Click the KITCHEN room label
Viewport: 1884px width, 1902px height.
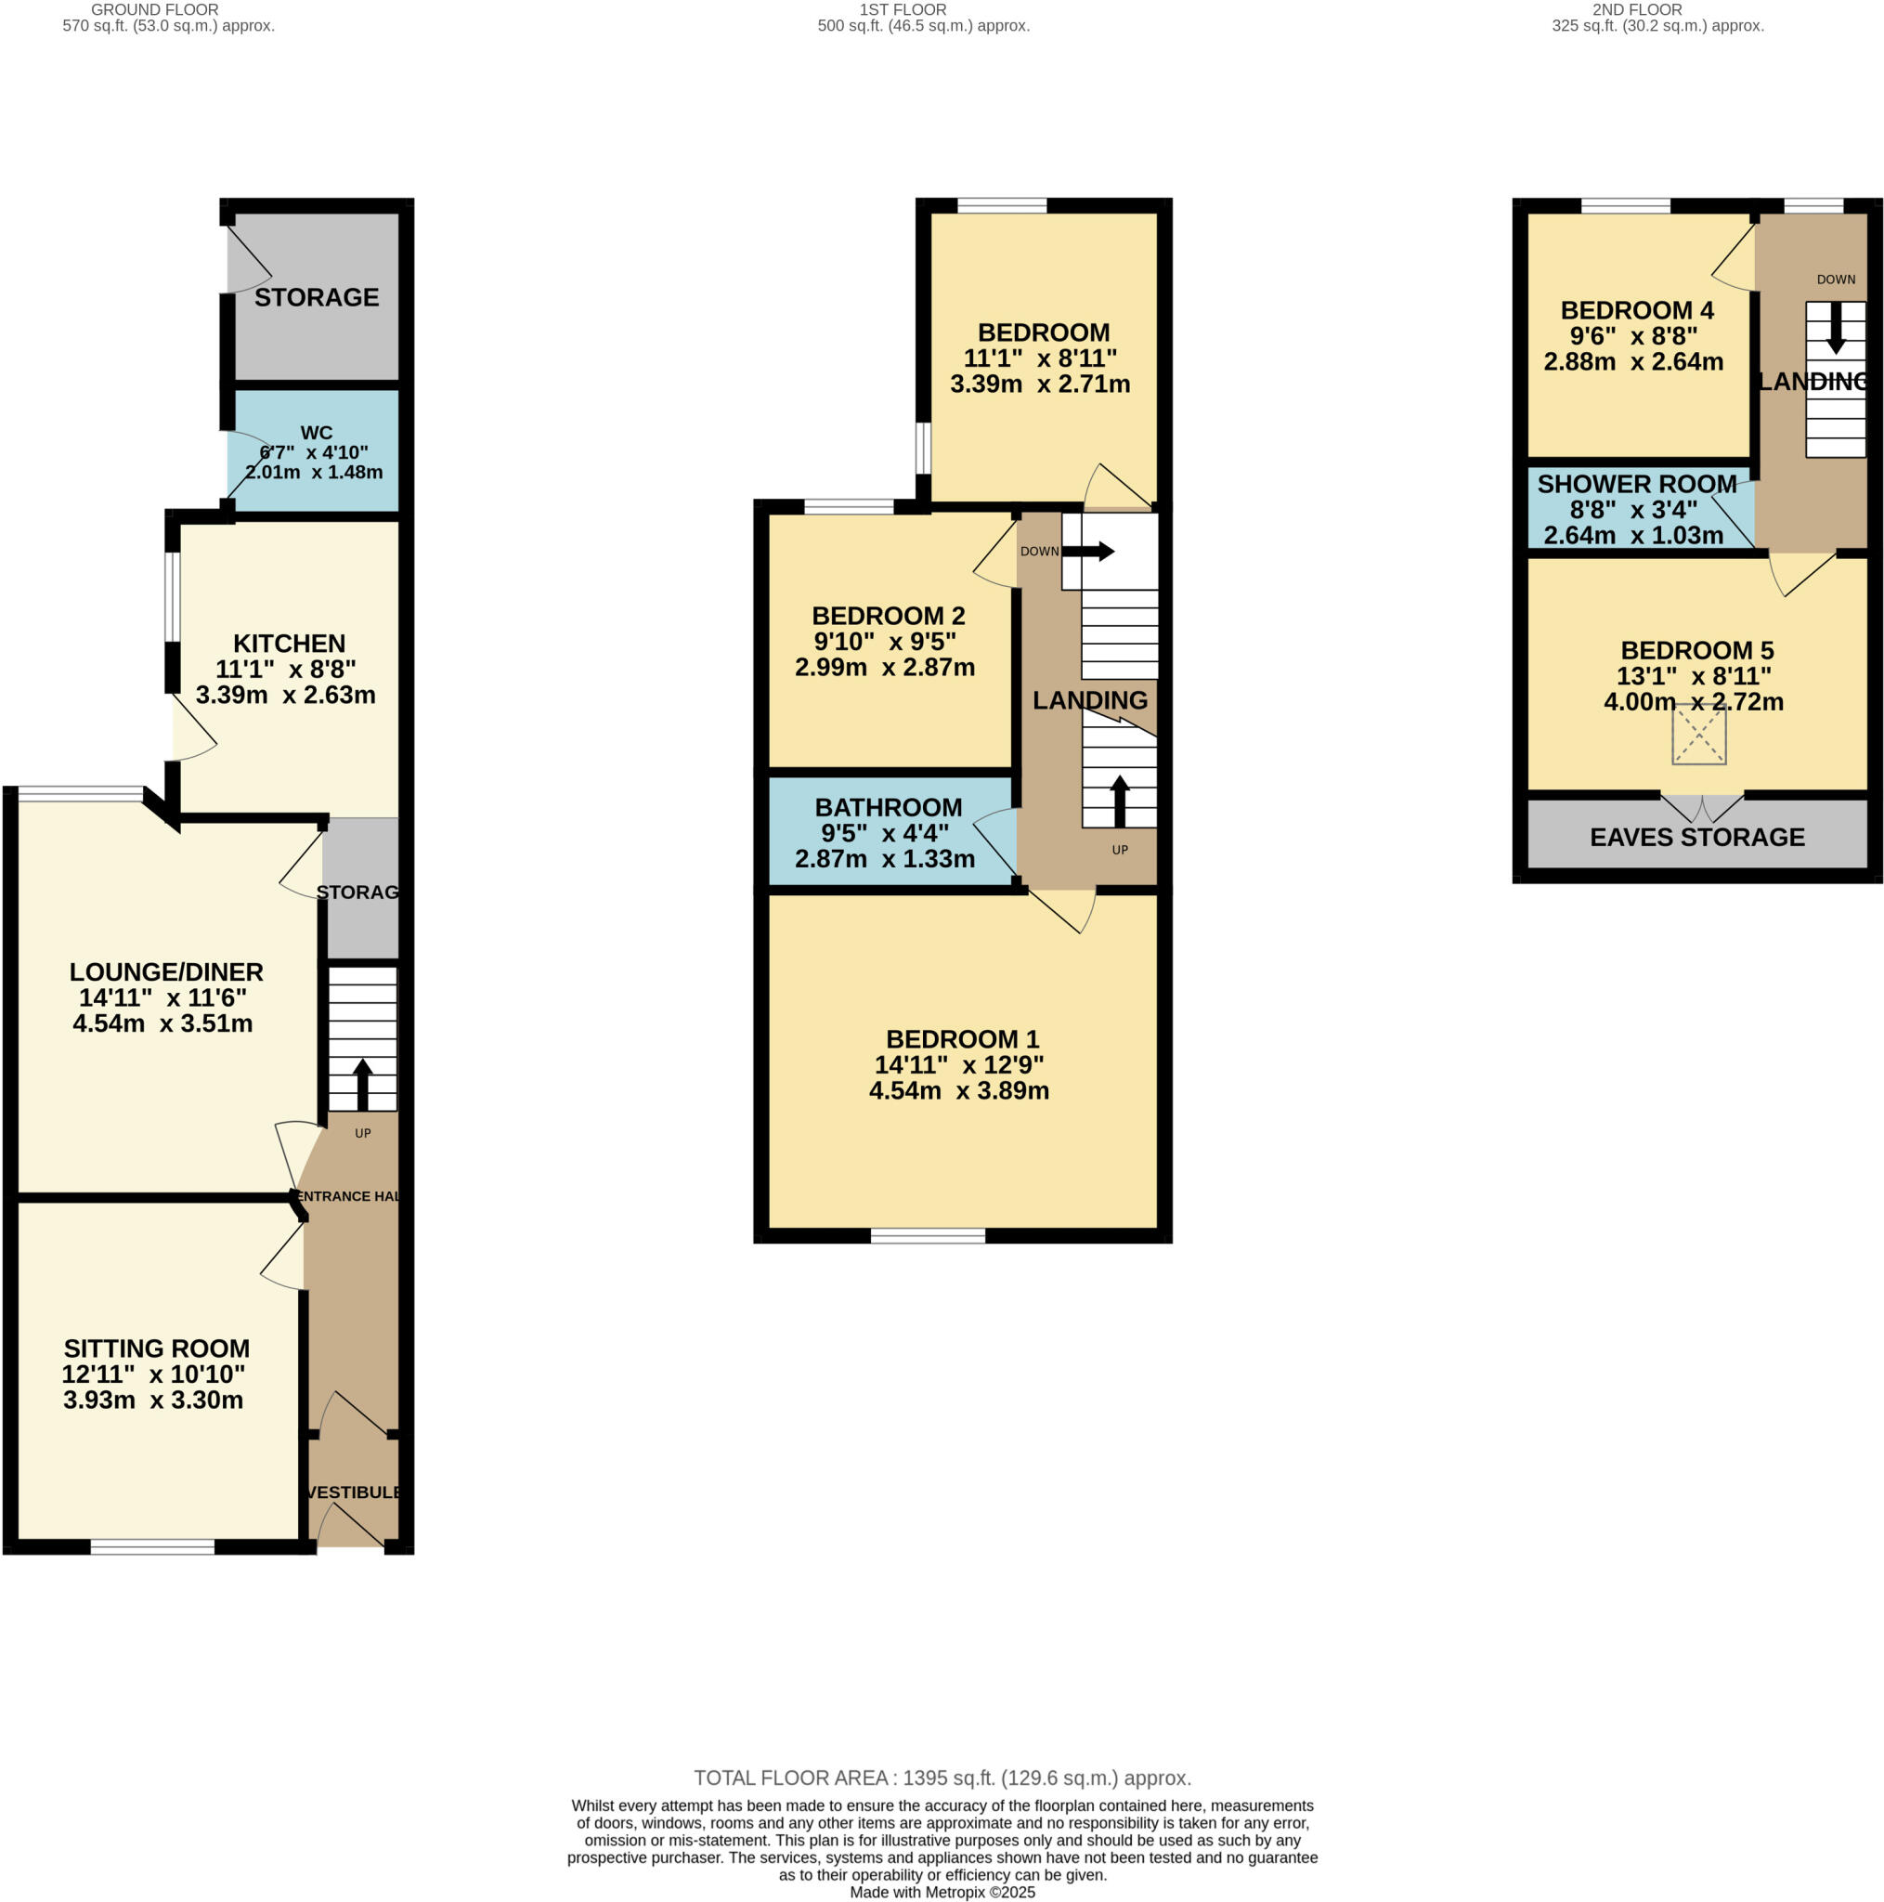click(x=289, y=644)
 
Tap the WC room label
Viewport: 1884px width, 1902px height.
click(x=316, y=433)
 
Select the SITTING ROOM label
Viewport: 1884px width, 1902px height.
click(x=157, y=1348)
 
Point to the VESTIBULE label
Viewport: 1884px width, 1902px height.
click(x=354, y=1492)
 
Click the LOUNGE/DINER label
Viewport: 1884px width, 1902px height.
click(x=166, y=971)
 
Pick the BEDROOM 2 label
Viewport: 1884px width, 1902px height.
click(x=888, y=617)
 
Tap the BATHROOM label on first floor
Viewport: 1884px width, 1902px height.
click(x=888, y=807)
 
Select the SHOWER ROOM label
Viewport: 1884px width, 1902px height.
click(x=1636, y=485)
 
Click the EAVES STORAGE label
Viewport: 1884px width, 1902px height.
click(x=1697, y=837)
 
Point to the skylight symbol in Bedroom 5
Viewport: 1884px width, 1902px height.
click(x=1699, y=735)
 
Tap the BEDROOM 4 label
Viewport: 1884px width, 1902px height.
click(x=1637, y=310)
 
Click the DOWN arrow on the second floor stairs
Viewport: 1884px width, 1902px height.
click(x=1836, y=329)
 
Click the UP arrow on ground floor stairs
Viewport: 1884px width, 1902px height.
click(x=362, y=1084)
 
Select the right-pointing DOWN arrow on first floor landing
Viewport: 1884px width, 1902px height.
click(x=1088, y=552)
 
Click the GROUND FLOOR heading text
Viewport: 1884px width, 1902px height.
click(x=154, y=10)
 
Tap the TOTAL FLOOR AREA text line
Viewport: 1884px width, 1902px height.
click(x=942, y=1778)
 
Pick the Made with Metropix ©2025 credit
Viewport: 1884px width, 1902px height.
click(x=942, y=1892)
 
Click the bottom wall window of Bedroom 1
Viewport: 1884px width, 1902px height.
click(x=928, y=1235)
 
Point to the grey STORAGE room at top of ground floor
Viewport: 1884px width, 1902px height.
click(x=316, y=297)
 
